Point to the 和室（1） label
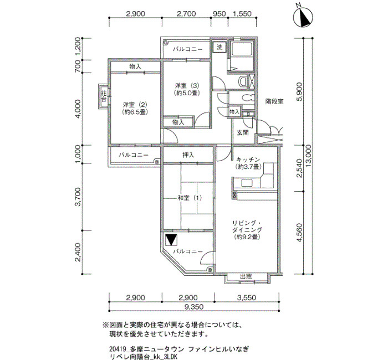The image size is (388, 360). point(190,198)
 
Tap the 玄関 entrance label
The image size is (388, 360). point(243,133)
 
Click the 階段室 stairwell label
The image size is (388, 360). point(274,101)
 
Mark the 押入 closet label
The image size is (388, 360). point(188,155)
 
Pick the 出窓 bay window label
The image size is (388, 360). point(246,276)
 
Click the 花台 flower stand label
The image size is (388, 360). point(104,96)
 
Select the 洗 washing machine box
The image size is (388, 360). point(219,47)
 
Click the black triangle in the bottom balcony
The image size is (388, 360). point(171,240)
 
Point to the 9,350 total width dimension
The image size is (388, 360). point(194,307)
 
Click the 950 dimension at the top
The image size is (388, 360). point(219,14)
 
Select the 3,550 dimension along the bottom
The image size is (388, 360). point(247,297)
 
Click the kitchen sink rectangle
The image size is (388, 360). point(247,183)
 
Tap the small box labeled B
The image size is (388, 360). point(248,114)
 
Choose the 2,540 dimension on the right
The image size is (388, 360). point(299,168)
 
